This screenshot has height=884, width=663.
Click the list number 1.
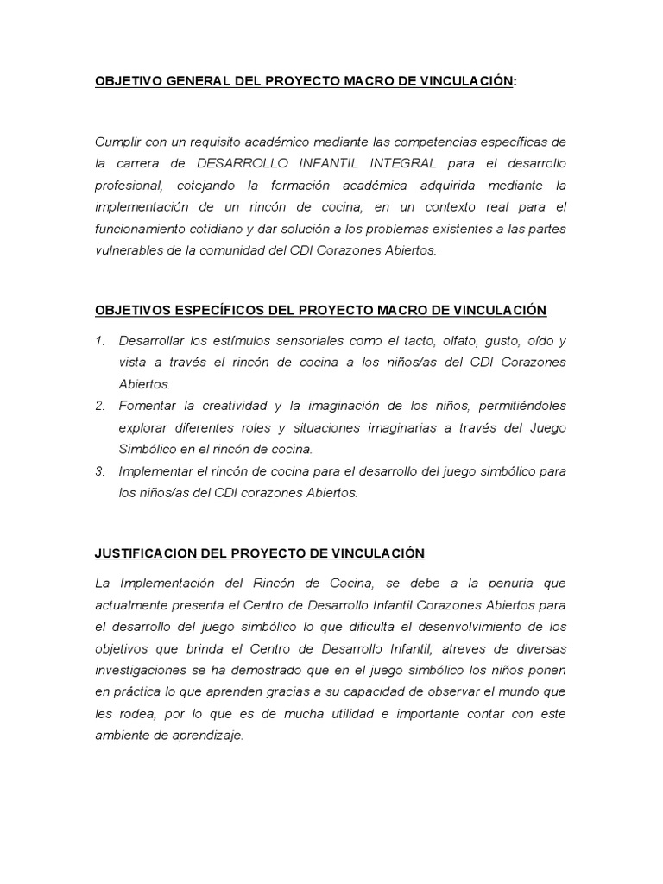[x=99, y=340]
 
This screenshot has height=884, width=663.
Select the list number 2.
[x=99, y=406]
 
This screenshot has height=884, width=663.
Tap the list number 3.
[x=99, y=471]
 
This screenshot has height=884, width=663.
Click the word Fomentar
[x=148, y=406]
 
